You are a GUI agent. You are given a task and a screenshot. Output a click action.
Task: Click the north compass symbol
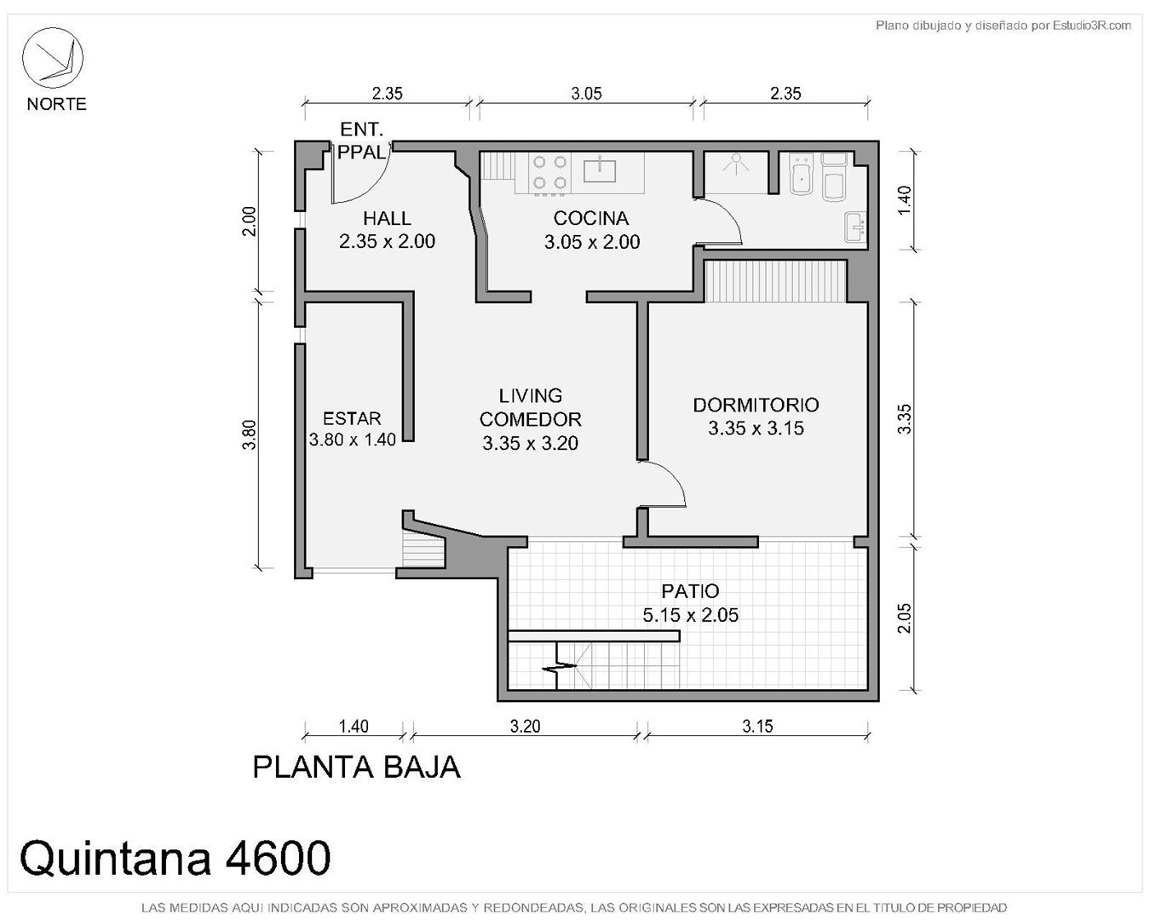(x=52, y=58)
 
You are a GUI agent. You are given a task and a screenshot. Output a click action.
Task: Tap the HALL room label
(x=387, y=218)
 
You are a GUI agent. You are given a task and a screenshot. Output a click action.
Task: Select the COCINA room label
(x=591, y=218)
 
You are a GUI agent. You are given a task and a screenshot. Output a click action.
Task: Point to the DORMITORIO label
(x=756, y=405)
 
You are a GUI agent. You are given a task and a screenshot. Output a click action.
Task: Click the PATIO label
(x=691, y=591)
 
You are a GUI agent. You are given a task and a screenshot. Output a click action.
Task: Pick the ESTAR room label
(x=352, y=418)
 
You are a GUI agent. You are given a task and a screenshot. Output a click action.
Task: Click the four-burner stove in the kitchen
(x=549, y=172)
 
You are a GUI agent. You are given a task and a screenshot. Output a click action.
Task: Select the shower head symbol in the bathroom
(x=736, y=162)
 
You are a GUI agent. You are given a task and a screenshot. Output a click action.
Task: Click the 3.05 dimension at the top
(x=586, y=94)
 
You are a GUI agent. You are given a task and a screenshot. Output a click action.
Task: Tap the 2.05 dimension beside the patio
(x=904, y=618)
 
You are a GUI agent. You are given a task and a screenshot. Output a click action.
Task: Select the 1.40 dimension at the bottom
(x=354, y=727)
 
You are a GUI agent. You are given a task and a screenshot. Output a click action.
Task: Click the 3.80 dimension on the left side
(x=250, y=435)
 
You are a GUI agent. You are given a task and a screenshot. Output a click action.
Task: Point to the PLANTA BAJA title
(x=356, y=768)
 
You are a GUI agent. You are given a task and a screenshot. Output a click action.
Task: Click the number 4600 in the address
(x=278, y=858)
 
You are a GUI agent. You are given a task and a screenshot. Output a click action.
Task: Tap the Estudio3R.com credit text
(x=1092, y=26)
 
